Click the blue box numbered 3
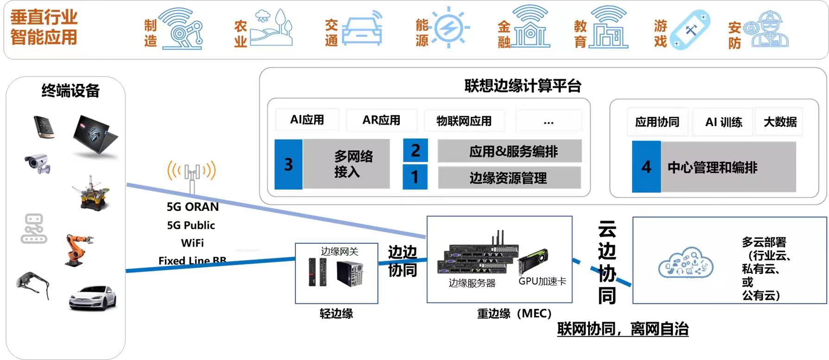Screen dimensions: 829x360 288,164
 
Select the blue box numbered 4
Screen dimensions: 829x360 647,167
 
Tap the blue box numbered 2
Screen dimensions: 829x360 415,150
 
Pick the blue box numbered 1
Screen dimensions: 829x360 415,177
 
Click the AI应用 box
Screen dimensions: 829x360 307,120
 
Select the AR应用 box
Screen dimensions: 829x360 381,120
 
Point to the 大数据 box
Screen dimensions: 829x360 780,122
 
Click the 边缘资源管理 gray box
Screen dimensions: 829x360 509,177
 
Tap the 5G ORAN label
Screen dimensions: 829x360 193,207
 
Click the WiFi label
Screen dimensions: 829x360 192,243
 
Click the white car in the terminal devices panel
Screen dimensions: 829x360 93,297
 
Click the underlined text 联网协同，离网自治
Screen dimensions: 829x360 623,329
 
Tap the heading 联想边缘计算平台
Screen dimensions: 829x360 522,86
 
